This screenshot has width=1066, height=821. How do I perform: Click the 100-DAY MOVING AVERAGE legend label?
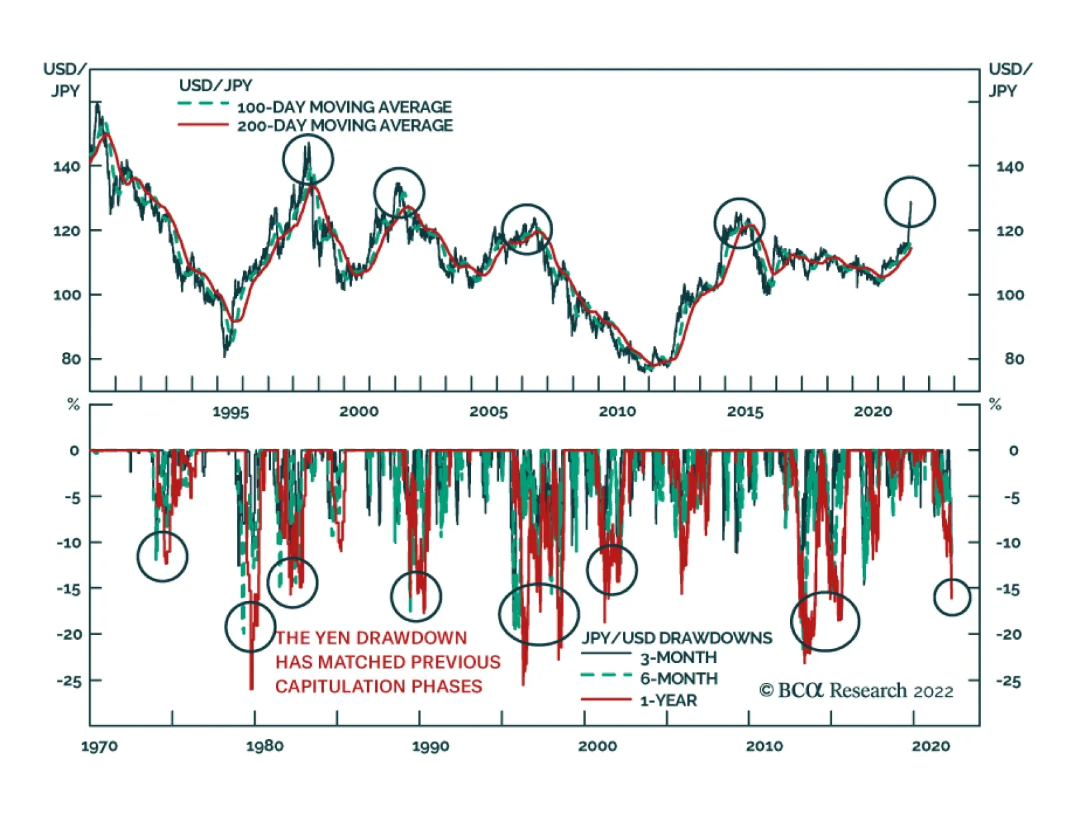coord(344,107)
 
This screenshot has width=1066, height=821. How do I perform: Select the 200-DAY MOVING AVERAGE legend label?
coord(345,125)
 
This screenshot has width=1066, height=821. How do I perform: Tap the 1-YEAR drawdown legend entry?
coord(668,700)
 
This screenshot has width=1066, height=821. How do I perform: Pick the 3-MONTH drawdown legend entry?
coord(678,658)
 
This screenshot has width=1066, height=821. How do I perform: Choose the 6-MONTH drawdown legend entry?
coord(679,678)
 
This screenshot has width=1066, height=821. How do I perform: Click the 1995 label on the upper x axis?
coord(231,412)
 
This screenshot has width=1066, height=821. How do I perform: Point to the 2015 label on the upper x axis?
coord(745,412)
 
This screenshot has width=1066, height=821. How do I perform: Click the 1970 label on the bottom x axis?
coord(99,746)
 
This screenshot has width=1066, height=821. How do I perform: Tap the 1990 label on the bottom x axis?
coord(430,746)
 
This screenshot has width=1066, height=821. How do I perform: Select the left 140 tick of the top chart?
coord(67,167)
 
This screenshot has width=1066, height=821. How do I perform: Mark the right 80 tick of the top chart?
coord(1014,359)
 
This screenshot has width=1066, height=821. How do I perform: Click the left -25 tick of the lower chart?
coord(69,681)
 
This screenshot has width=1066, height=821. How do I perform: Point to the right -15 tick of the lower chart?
coord(1009,589)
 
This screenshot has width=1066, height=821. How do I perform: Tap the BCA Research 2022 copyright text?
coord(856,690)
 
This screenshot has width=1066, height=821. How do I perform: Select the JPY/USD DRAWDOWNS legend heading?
coord(677,638)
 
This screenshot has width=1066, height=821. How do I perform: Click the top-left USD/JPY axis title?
coord(65,79)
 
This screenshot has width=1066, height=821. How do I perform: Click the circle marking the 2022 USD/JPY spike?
coord(910,202)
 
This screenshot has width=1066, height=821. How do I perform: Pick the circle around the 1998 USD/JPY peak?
coord(308,159)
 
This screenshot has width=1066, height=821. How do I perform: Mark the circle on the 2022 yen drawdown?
coord(952,597)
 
